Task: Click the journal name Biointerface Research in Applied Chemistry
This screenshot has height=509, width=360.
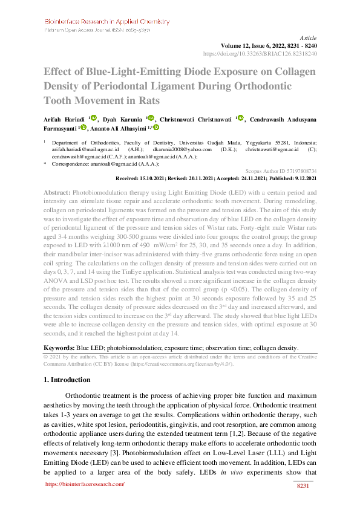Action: click(107, 22)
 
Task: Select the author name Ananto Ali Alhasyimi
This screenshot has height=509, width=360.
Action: click(119, 128)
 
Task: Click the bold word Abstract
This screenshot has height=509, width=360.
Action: click(57, 192)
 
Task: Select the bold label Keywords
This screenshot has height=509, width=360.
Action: click(59, 348)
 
